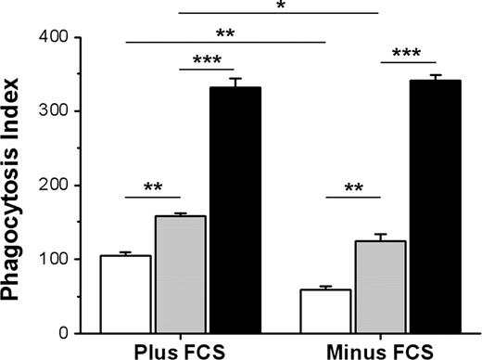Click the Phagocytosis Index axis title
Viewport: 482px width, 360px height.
click(16, 186)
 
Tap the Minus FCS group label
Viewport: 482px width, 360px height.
click(380, 351)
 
